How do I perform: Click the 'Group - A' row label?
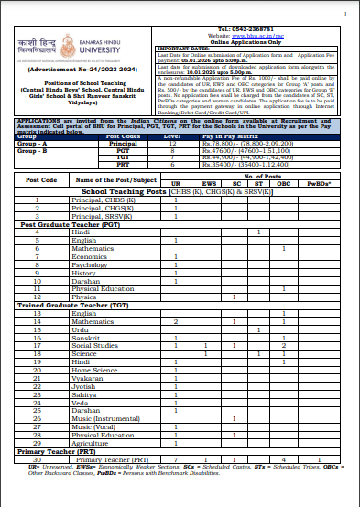coord(34,143)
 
